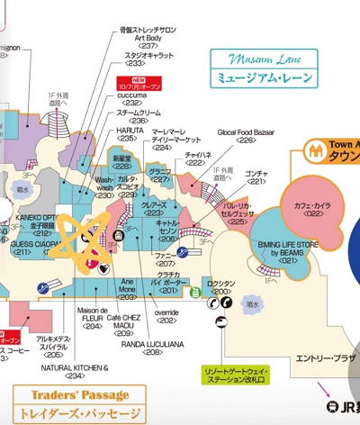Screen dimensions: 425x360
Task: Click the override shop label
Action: (166, 314)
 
